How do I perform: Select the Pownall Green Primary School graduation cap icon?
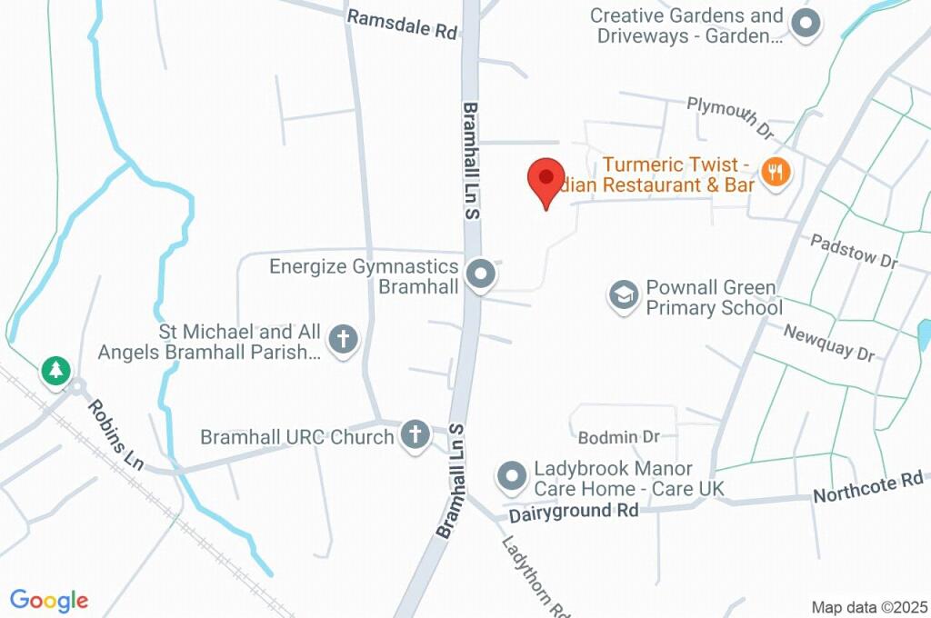click(624, 295)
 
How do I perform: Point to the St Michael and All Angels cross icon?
click(344, 340)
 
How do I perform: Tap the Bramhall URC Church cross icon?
click(415, 434)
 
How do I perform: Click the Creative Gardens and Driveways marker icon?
click(805, 25)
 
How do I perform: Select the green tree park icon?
click(56, 370)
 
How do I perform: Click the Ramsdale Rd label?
click(401, 25)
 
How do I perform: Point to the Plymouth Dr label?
click(730, 119)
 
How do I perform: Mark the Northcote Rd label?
click(867, 488)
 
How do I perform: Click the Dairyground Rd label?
click(573, 512)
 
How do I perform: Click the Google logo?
click(49, 600)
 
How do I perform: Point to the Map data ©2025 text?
click(869, 607)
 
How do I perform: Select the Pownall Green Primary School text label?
click(713, 297)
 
